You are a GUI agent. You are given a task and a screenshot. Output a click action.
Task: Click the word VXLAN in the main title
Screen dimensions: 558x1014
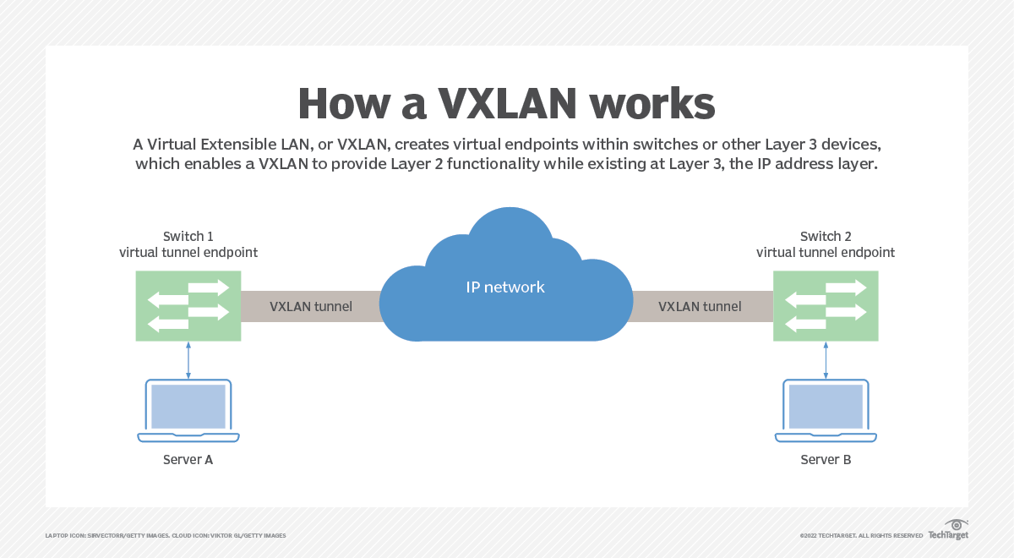pyautogui.click(x=506, y=105)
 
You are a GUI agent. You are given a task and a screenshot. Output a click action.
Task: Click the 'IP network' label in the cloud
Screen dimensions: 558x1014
pyautogui.click(x=505, y=287)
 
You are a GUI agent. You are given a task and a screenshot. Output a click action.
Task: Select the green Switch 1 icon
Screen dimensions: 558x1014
pyautogui.click(x=188, y=306)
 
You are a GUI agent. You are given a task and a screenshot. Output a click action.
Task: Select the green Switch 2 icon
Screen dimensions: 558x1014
pyautogui.click(x=826, y=306)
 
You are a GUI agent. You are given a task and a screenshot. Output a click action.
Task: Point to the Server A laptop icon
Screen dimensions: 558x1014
pyautogui.click(x=188, y=410)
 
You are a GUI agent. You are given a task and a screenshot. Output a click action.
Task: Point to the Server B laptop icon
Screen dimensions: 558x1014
pyautogui.click(x=826, y=410)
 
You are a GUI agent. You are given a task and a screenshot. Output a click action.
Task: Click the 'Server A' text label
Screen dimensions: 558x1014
pyautogui.click(x=188, y=460)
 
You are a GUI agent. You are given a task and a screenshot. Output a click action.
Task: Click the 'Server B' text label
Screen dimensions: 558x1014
pyautogui.click(x=826, y=460)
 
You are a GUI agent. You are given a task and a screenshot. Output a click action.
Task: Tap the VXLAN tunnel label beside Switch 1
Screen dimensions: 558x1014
pyautogui.click(x=311, y=306)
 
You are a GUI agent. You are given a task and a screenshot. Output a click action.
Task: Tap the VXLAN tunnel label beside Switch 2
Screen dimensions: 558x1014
pyautogui.click(x=700, y=306)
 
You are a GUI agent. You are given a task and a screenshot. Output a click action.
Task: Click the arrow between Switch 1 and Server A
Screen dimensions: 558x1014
pyautogui.click(x=188, y=360)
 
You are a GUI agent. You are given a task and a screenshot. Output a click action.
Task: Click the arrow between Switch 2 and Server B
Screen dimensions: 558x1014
pyautogui.click(x=826, y=360)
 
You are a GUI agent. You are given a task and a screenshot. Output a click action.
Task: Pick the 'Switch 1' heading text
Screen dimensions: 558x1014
pyautogui.click(x=188, y=236)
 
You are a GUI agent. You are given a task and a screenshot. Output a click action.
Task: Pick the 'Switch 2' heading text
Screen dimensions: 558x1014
pyautogui.click(x=826, y=236)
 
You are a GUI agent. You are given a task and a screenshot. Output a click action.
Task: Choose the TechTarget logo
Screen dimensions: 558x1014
pyautogui.click(x=948, y=532)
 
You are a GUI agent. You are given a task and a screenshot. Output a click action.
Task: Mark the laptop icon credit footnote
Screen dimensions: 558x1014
pyautogui.click(x=165, y=536)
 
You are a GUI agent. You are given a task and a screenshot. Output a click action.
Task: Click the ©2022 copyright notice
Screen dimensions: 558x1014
pyautogui.click(x=860, y=536)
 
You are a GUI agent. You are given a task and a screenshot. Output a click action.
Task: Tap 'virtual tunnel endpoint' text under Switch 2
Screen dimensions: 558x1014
pyautogui.click(x=826, y=252)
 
